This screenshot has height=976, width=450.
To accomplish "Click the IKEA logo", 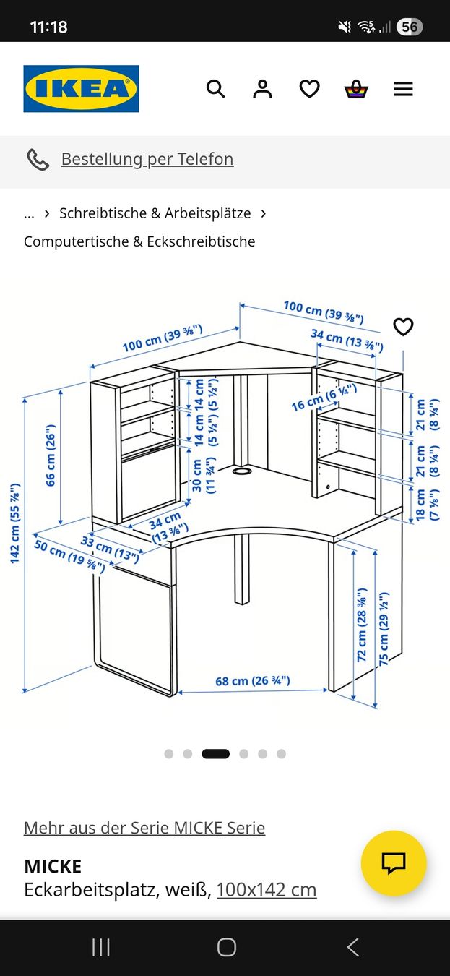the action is tap(81, 88).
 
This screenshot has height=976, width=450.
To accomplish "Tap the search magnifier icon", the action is tap(215, 89).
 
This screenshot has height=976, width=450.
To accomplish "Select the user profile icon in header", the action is tap(262, 89).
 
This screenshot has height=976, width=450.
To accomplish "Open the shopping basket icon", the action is tap(356, 89).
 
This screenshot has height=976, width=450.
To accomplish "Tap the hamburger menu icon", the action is tap(404, 89).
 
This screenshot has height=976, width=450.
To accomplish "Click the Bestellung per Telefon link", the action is tap(147, 159).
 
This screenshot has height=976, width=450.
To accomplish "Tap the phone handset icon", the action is tap(38, 160).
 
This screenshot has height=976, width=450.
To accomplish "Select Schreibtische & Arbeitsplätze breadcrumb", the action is tap(155, 213).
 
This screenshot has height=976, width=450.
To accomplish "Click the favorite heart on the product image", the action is tap(404, 327).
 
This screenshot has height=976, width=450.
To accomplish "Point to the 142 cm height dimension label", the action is tap(14, 523).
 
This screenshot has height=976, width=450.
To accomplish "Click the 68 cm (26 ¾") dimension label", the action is tap(252, 680).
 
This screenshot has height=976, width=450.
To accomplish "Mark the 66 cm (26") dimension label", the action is tap(51, 455).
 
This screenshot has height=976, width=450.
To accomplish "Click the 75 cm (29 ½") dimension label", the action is tap(384, 628).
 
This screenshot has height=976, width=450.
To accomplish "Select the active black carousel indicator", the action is tap(215, 754).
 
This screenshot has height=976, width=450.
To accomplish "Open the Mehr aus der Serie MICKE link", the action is tap(144, 828).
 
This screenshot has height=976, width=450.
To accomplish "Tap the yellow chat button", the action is tap(394, 862).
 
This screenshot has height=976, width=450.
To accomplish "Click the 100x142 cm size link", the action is tap(267, 890).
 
